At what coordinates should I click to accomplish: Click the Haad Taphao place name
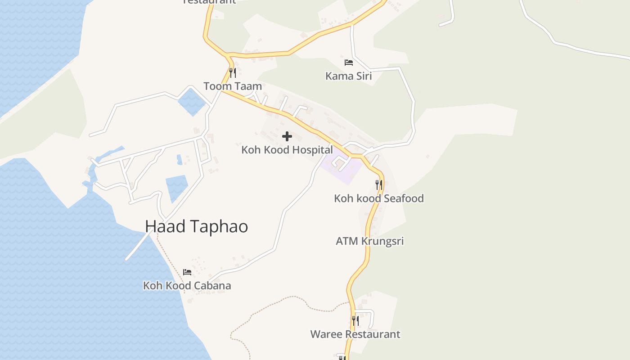(x=196, y=226)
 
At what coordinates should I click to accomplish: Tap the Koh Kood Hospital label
(x=287, y=150)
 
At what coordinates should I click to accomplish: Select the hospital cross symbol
(x=287, y=136)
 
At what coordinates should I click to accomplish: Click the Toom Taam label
(x=233, y=86)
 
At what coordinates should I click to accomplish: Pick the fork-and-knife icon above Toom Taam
(x=233, y=72)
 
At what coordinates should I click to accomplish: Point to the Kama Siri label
(x=349, y=76)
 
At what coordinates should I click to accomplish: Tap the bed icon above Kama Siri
(x=349, y=63)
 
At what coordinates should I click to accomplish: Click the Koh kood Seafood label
(x=379, y=198)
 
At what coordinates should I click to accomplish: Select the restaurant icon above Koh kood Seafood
(x=379, y=184)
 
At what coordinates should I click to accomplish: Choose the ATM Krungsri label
(x=370, y=241)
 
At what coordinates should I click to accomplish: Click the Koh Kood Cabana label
(x=187, y=286)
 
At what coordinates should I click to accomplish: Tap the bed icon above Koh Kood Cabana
(x=187, y=272)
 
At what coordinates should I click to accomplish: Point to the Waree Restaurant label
(x=355, y=334)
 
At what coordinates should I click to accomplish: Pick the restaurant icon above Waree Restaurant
(x=355, y=320)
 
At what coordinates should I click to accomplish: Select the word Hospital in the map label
(x=311, y=150)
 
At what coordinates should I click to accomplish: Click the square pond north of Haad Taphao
(x=177, y=187)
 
